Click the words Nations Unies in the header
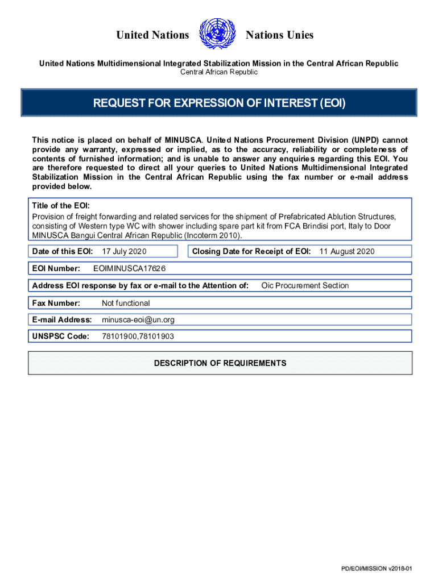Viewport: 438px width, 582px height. pyautogui.click(x=279, y=35)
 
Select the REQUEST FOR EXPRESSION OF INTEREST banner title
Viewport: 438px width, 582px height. pyautogui.click(x=219, y=103)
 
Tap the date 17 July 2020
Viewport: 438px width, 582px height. pyautogui.click(x=124, y=251)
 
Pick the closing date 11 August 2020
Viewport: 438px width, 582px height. pyautogui.click(x=347, y=251)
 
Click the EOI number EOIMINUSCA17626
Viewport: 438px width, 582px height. pyautogui.click(x=129, y=268)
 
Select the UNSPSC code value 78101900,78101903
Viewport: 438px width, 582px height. pyautogui.click(x=138, y=336)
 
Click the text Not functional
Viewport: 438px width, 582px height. pyautogui.click(x=126, y=303)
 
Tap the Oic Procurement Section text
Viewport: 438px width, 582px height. pyautogui.click(x=305, y=285)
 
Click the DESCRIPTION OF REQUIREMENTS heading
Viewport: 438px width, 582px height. pyautogui.click(x=220, y=363)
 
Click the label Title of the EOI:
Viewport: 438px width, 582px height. pyautogui.click(x=61, y=206)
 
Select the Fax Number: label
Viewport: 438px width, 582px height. pyautogui.click(x=56, y=303)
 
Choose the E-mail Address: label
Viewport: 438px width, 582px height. pyautogui.click(x=62, y=320)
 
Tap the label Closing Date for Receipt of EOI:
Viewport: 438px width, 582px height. pyautogui.click(x=251, y=251)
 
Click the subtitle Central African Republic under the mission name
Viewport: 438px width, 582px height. pyautogui.click(x=219, y=72)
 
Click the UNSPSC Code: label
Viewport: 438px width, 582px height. pyautogui.click(x=61, y=336)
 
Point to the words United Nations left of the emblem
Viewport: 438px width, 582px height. pyautogui.click(x=152, y=35)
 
